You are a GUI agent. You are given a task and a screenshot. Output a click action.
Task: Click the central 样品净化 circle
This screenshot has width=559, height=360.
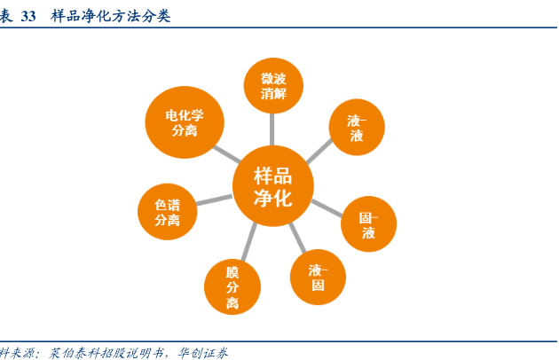[x=273, y=185]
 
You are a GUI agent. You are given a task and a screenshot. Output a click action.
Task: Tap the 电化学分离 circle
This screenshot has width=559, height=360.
[x=185, y=122]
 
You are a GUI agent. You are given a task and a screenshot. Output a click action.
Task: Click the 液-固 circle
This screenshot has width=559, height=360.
[x=318, y=278]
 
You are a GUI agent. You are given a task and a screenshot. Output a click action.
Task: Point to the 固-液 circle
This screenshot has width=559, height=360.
[x=368, y=225]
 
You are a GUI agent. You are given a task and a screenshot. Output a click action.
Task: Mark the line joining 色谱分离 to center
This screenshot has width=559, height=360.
[x=214, y=200]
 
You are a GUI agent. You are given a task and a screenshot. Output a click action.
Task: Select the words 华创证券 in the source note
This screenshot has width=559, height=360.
[x=202, y=352]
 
